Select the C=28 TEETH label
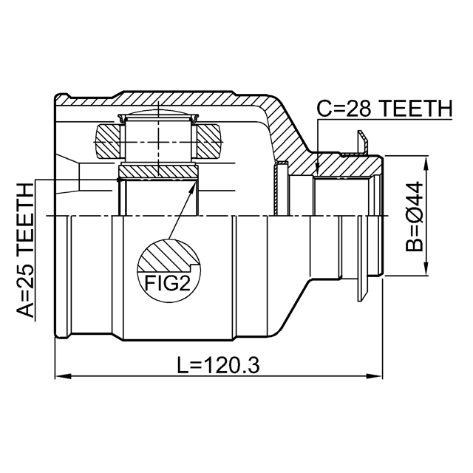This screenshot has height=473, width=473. click(x=385, y=109)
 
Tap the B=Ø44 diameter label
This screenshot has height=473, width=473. click(x=415, y=216)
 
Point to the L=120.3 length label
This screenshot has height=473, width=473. click(x=218, y=365)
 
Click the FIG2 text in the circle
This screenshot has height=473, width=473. click(x=168, y=282)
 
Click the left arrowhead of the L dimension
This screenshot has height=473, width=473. click(x=63, y=376)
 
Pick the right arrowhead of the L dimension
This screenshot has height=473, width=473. click(x=375, y=376)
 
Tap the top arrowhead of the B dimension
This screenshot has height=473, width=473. click(x=426, y=163)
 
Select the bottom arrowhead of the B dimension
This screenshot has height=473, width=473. click(x=426, y=268)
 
